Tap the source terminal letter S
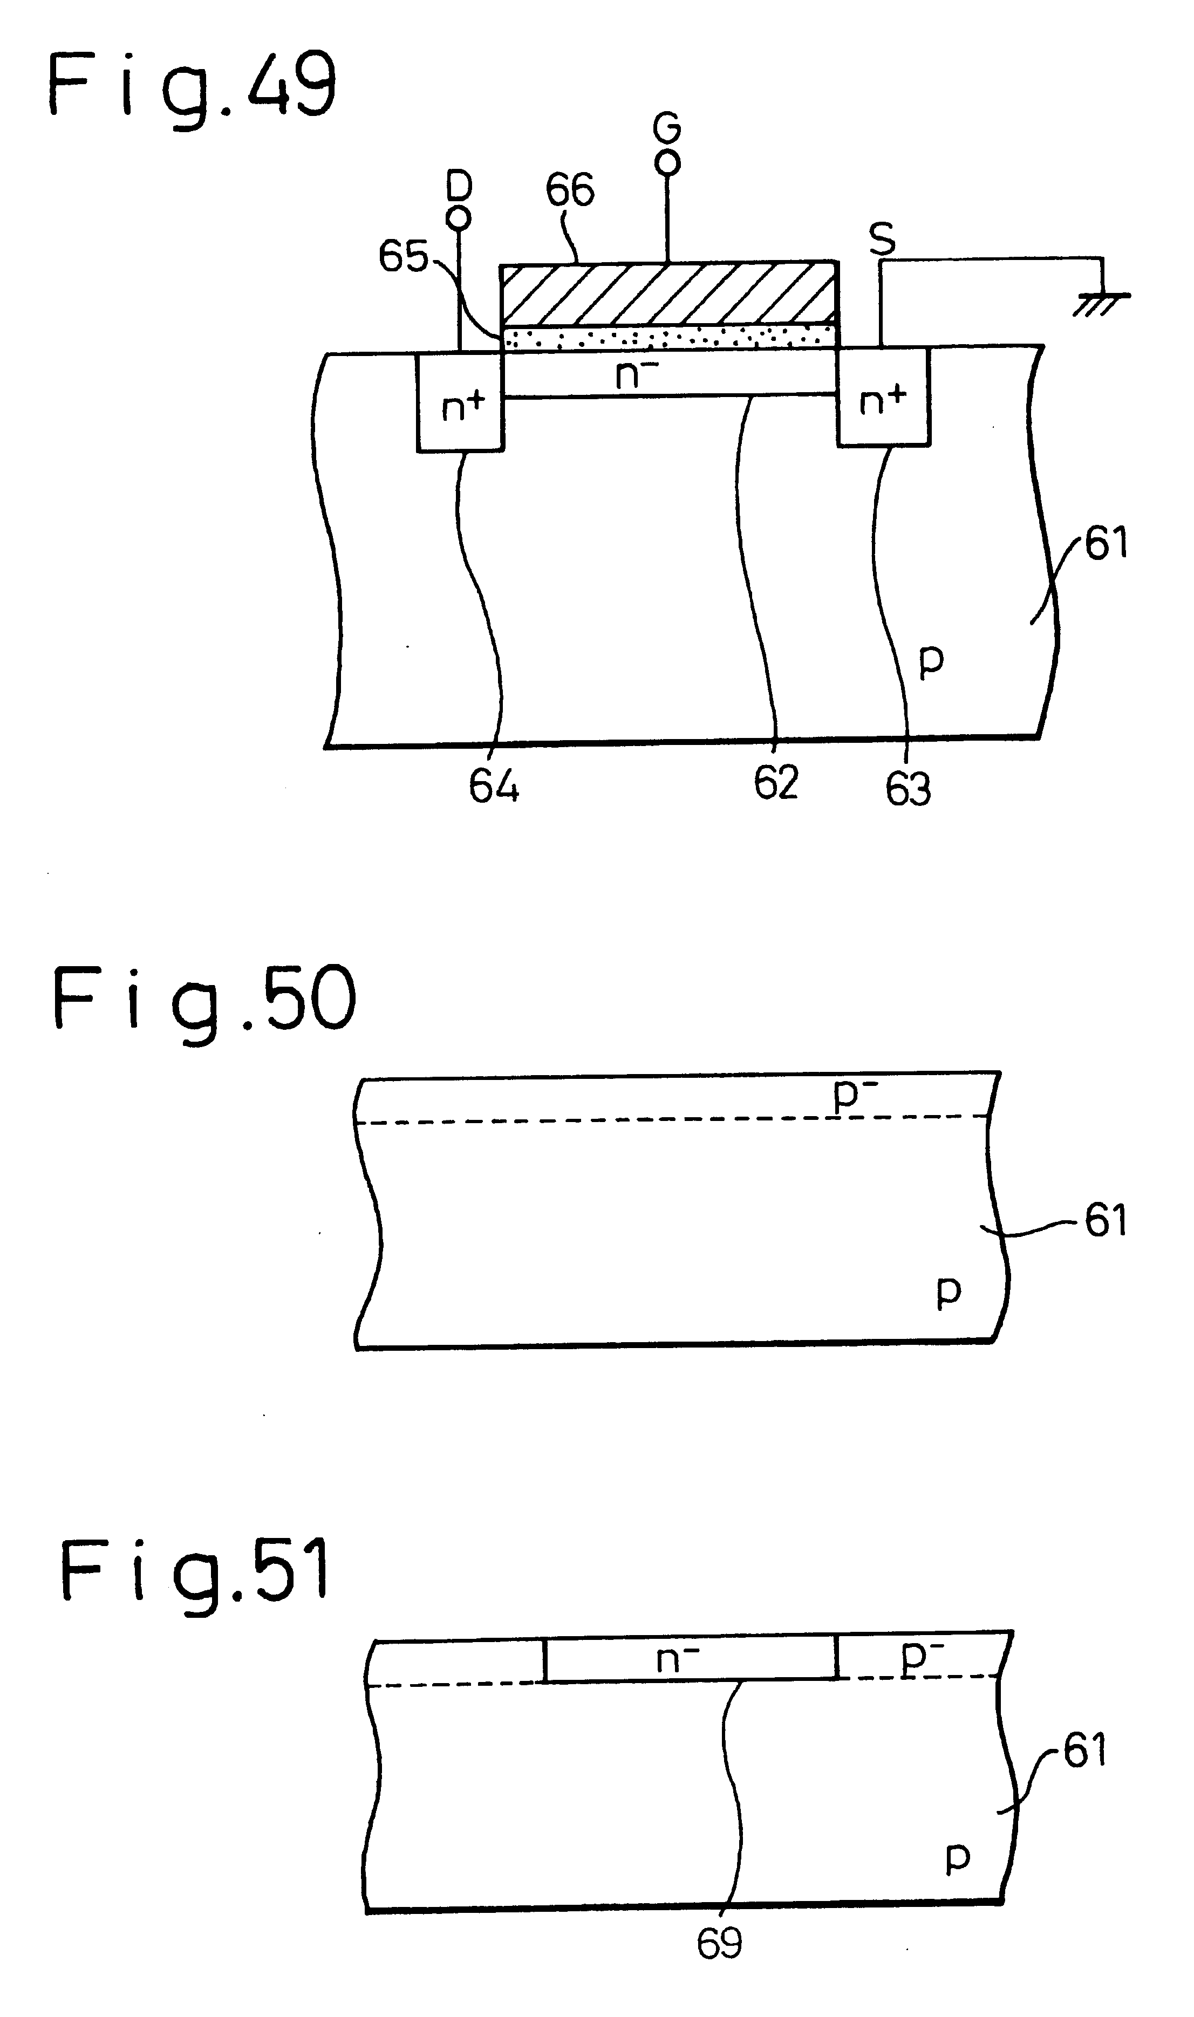(883, 239)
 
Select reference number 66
(570, 190)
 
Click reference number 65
(403, 257)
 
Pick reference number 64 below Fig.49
(494, 786)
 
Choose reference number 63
(909, 789)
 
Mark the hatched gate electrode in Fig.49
(668, 293)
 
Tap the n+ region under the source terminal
(883, 397)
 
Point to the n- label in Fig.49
(636, 374)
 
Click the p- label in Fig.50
(855, 1095)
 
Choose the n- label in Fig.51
(678, 1659)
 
